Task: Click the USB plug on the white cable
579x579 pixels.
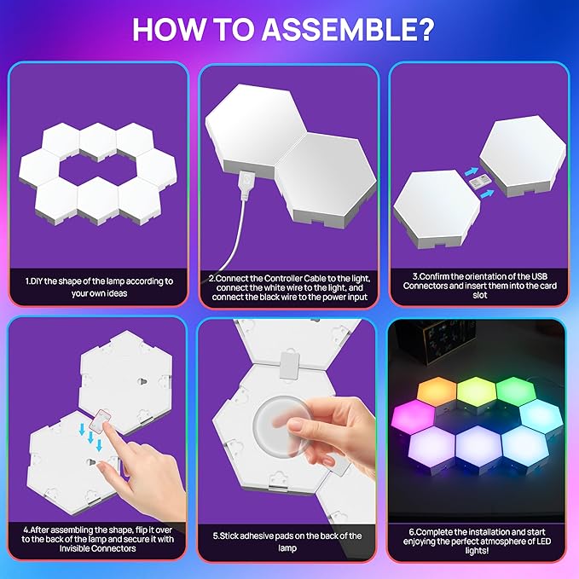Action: (244, 182)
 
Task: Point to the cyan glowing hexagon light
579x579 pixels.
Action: (540, 415)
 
